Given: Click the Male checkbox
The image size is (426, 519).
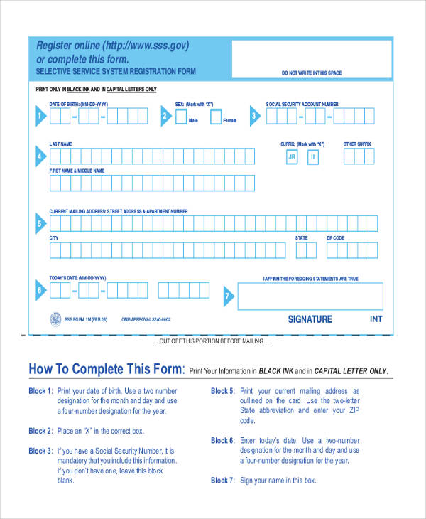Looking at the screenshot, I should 181,114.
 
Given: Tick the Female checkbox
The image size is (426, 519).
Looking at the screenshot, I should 216,115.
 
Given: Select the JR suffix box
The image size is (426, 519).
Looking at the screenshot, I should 291,158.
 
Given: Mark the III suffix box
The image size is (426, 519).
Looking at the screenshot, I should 313,158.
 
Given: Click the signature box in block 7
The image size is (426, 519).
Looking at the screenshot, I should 310,296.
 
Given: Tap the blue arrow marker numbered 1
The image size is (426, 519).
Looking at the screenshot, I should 40,117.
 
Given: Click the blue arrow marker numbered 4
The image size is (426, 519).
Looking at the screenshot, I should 40,156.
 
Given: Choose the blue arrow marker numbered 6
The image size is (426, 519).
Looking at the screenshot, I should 40,290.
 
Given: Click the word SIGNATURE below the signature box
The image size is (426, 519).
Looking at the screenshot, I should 310,319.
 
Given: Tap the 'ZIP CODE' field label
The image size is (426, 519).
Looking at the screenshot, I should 335,238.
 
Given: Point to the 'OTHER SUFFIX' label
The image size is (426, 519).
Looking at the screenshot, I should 357,144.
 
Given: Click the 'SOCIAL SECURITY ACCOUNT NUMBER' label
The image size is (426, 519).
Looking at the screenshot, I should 302,104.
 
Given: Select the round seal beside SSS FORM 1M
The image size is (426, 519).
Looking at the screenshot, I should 55,319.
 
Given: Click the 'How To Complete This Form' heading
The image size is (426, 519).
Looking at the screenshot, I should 106,369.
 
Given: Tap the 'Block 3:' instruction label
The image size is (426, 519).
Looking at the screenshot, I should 40,451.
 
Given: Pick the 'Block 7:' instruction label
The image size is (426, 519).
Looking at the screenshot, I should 222,481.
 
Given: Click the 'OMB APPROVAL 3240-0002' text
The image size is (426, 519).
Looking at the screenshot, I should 146,320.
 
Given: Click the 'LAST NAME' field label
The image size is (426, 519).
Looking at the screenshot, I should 60,144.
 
